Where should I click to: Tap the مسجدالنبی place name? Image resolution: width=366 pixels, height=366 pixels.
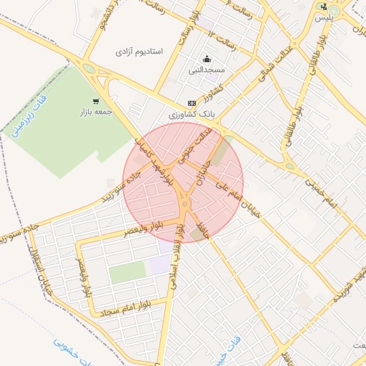coord(207,70)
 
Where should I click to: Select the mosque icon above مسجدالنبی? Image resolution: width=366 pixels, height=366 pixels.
coord(207,59)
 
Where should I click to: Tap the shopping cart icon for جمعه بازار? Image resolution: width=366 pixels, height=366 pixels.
coord(96,101)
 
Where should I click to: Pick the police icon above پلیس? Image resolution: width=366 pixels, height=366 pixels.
coord(324,6)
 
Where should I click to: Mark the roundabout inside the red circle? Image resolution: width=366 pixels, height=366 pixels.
coord(184,205)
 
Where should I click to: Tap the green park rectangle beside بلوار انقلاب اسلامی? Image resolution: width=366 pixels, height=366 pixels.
coord(127,272)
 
